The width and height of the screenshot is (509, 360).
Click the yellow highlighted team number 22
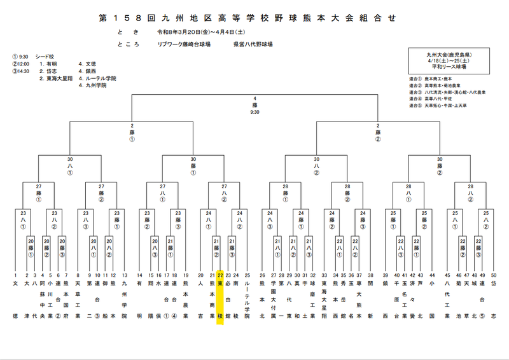pyautogui.click(x=220, y=275)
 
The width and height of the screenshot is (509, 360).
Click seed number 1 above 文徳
pyautogui.click(x=16, y=275)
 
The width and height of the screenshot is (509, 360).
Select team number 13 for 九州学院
pyautogui.click(x=124, y=275)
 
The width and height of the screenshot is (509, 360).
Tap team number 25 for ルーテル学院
pyautogui.click(x=248, y=275)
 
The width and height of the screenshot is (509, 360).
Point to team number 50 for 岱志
pyautogui.click(x=494, y=275)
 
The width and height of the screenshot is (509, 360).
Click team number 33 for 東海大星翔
pyautogui.click(x=324, y=275)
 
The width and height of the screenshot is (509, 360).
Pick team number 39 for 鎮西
pyautogui.click(x=385, y=275)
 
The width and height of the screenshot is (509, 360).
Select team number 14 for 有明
pyautogui.click(x=139, y=275)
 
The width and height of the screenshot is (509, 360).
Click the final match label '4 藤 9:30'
pyautogui.click(x=254, y=105)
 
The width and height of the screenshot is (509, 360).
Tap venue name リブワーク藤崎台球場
pyautogui.click(x=184, y=45)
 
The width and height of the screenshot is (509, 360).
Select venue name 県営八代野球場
pyautogui.click(x=253, y=45)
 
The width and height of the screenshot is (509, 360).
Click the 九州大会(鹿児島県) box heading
pyautogui.click(x=449, y=56)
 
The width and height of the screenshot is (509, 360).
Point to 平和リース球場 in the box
pyautogui.click(x=449, y=66)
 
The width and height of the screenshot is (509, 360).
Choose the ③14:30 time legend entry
pyautogui.click(x=21, y=71)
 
